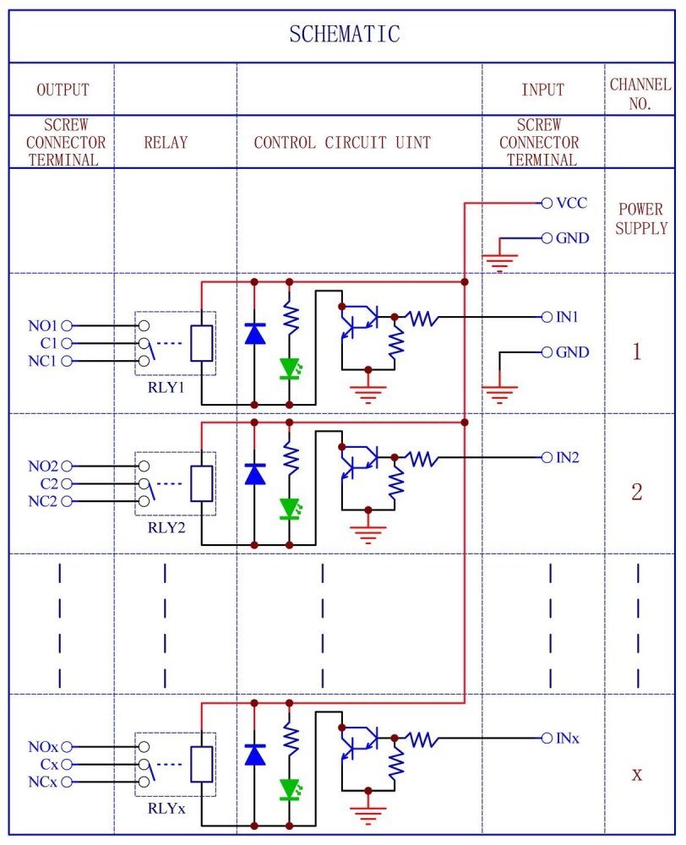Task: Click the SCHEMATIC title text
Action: point(344,35)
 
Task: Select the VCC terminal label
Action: point(571,203)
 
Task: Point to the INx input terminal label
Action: point(568,739)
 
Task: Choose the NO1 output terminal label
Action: point(42,325)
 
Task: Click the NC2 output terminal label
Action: point(42,502)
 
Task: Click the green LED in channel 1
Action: point(290,368)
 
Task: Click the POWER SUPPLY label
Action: point(641,218)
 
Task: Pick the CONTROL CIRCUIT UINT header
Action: point(342,142)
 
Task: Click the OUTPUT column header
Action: point(63,90)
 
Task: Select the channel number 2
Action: point(637,492)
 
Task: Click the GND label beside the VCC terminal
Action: point(572,238)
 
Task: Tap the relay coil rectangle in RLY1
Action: point(201,343)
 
